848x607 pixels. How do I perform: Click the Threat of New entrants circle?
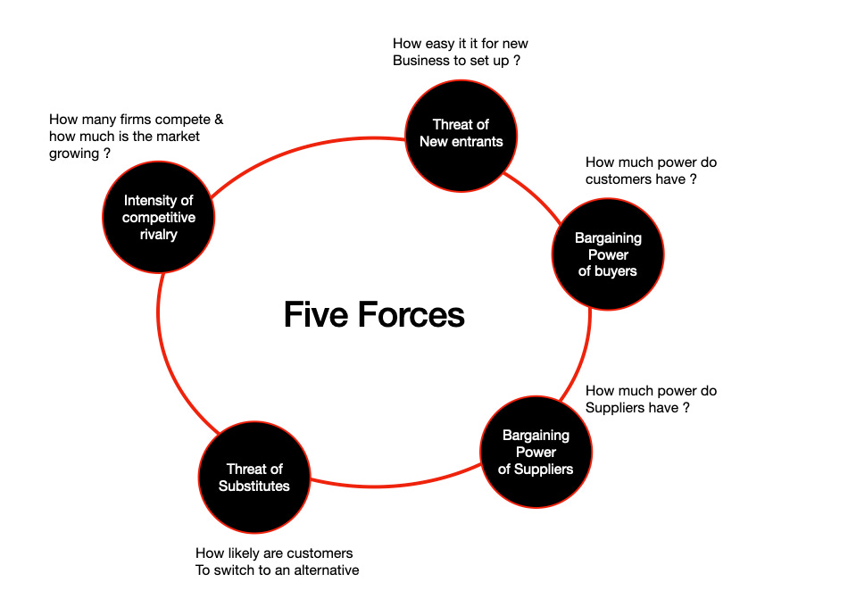click(461, 135)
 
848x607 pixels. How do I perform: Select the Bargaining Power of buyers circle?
click(608, 254)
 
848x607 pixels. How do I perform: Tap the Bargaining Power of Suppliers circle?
click(536, 452)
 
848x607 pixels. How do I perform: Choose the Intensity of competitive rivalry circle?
click(159, 218)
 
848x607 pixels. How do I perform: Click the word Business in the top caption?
click(423, 61)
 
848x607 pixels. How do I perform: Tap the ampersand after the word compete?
click(218, 120)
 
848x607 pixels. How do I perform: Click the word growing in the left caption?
click(74, 154)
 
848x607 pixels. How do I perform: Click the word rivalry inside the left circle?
click(159, 235)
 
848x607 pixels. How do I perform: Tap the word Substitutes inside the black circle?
click(254, 486)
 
